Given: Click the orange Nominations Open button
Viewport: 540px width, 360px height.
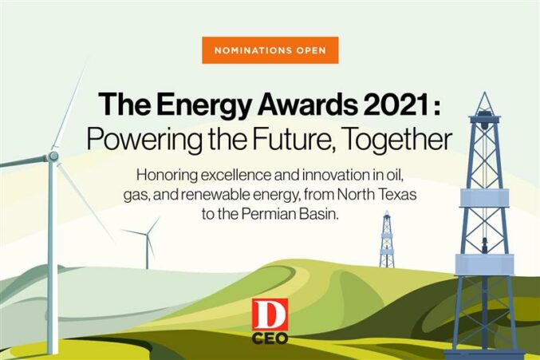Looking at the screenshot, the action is point(270,50).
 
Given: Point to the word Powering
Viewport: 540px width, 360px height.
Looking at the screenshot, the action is point(144,139).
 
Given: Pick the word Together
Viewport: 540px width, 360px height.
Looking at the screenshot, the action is point(397,140).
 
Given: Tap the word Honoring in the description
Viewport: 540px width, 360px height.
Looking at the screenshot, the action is point(167,176).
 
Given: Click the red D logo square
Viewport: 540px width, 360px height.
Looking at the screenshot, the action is point(270,315).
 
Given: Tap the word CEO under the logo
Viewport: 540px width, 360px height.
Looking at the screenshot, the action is point(270,338).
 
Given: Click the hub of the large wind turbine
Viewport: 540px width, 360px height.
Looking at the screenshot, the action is point(53,156).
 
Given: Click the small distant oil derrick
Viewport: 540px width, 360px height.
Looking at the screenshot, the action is point(387,239).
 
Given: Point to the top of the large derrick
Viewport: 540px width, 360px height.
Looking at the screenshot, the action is point(485,92).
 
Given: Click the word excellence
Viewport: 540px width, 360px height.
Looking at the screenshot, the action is point(235,175).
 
